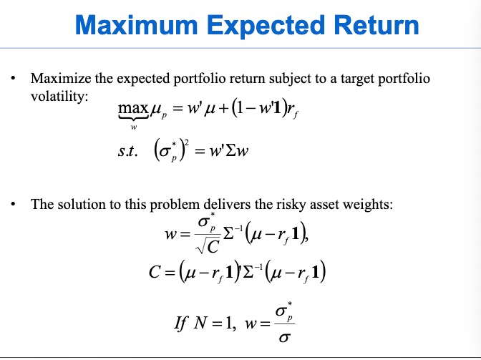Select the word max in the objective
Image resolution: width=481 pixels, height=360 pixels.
pyautogui.click(x=132, y=110)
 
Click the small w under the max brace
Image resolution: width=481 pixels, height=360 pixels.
pyautogui.click(x=132, y=128)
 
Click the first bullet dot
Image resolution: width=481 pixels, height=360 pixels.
pyautogui.click(x=14, y=78)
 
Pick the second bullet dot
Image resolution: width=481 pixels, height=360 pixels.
pyautogui.click(x=14, y=205)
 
